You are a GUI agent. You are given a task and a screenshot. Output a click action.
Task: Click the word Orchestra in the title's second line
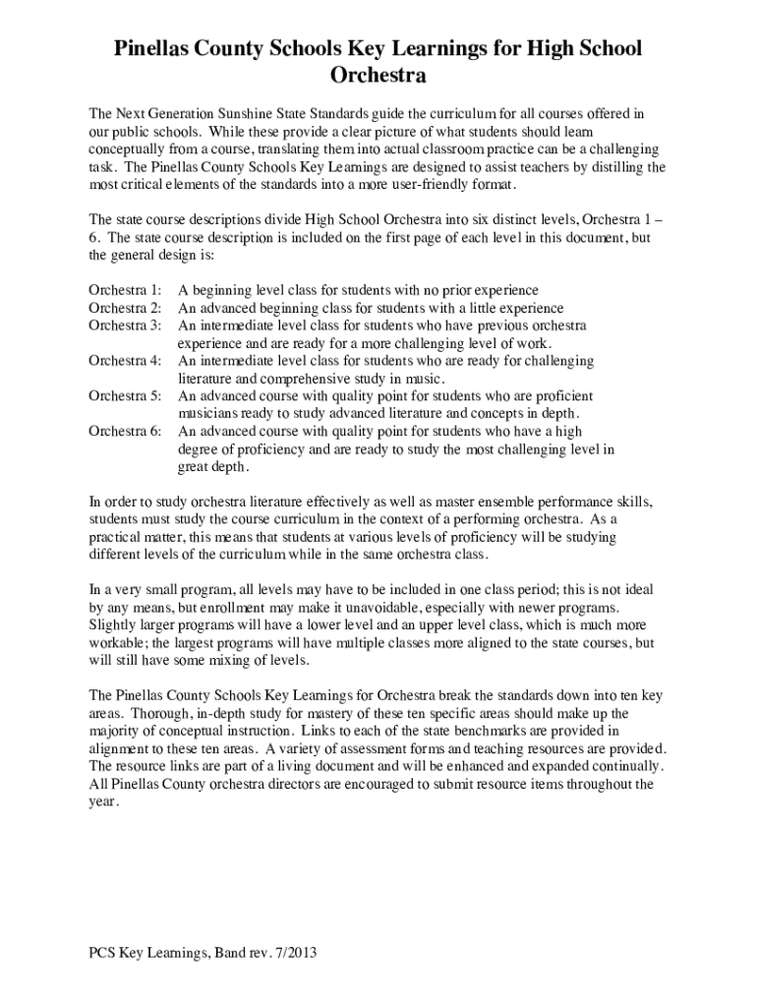(378, 75)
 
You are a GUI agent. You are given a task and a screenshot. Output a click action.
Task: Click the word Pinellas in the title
(158, 47)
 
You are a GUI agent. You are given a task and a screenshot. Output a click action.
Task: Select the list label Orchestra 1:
(125, 290)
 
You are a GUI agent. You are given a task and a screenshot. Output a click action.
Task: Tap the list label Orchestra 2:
(125, 308)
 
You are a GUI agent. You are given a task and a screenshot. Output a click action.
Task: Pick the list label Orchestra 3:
(125, 326)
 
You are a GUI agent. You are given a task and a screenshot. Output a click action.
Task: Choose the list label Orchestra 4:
(125, 361)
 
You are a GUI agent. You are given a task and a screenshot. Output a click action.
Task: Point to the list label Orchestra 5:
(125, 396)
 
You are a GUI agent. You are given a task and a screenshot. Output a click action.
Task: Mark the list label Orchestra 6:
(125, 432)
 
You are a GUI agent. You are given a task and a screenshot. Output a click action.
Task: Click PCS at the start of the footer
(101, 953)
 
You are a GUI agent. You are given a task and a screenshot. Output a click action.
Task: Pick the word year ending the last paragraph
(102, 801)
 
